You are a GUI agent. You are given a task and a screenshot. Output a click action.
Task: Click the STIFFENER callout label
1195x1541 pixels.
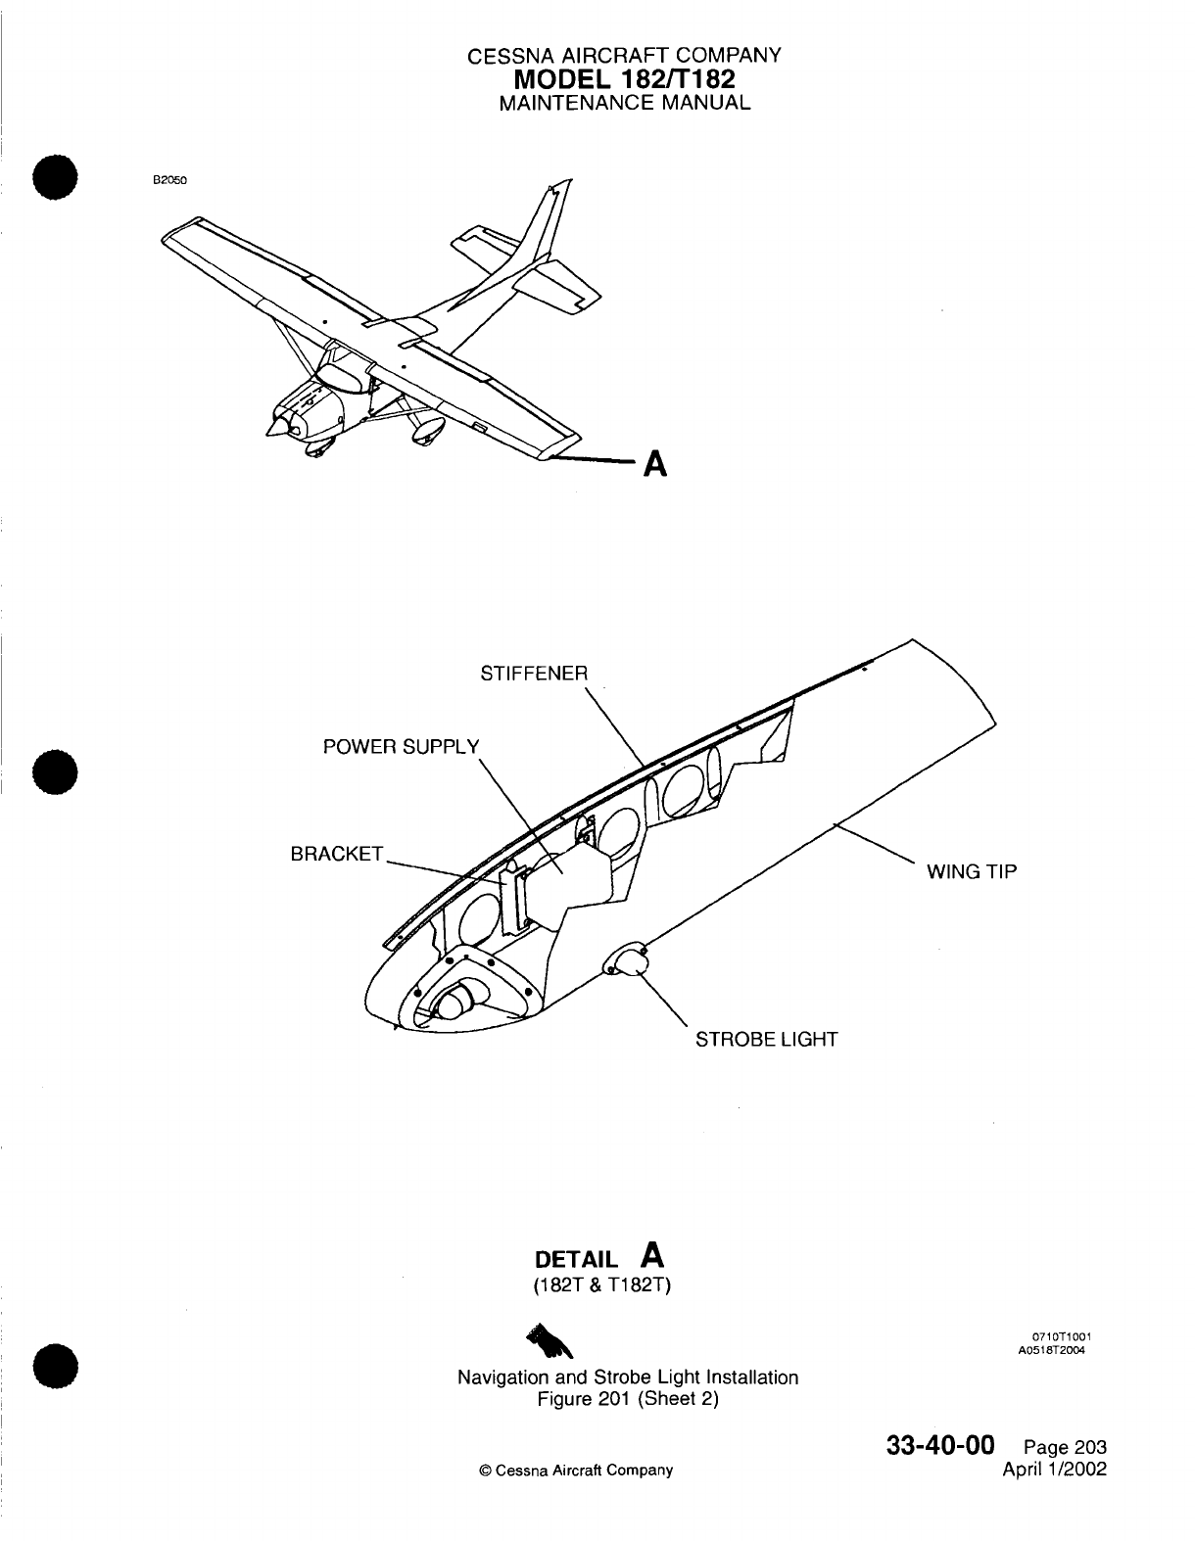pyautogui.click(x=534, y=674)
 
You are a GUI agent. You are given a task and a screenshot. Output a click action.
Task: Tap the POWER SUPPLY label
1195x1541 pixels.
pyautogui.click(x=402, y=747)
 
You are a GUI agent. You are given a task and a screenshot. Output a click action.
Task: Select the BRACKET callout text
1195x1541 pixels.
pyautogui.click(x=336, y=854)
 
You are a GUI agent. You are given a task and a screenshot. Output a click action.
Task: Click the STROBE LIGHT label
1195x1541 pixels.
pyautogui.click(x=766, y=1039)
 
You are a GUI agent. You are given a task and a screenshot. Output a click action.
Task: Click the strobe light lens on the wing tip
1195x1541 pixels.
pyautogui.click(x=627, y=961)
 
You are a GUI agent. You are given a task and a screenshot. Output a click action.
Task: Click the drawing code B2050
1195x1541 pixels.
pyautogui.click(x=168, y=180)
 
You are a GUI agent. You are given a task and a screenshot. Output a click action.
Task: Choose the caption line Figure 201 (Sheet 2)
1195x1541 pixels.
pyautogui.click(x=628, y=1399)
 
